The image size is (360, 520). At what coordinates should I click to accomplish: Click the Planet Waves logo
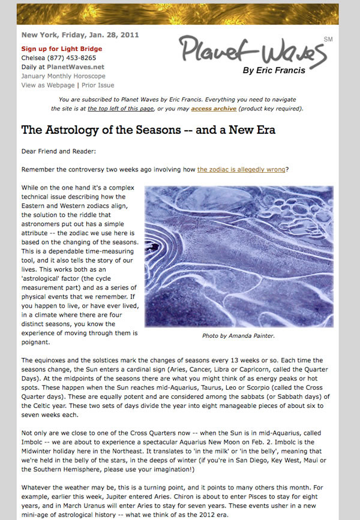[253, 49]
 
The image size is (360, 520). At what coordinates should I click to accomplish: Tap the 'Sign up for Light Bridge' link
[62, 49]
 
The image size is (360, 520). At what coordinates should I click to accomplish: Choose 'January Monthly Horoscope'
[63, 76]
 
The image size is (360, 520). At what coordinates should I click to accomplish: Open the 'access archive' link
[197, 109]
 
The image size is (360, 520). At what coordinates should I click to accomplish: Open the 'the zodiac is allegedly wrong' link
[241, 170]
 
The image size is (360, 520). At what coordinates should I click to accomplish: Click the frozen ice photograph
[238, 256]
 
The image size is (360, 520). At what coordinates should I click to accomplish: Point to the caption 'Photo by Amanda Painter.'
[238, 336]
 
